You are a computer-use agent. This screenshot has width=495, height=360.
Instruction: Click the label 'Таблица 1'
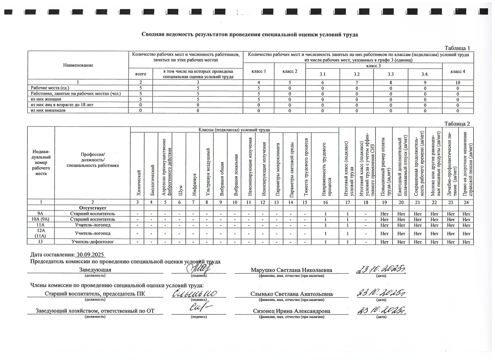click(457, 48)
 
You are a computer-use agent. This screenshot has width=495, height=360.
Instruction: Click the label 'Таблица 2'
click(457, 124)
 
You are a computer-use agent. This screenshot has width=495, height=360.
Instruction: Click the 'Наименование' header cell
click(78, 65)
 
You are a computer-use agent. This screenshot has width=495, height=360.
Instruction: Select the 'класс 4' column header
click(458, 71)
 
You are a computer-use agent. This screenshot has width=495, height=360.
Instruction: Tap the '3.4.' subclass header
click(425, 74)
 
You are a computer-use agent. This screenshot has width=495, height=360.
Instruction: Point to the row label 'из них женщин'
click(46, 99)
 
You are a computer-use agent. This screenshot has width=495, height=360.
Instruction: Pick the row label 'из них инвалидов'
click(48, 110)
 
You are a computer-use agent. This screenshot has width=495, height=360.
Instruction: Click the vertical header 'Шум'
click(180, 190)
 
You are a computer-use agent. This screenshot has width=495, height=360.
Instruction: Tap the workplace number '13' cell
click(41, 242)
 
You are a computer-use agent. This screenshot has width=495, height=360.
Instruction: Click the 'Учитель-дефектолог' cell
click(93, 242)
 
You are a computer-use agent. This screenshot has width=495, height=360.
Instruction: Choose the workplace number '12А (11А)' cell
click(41, 233)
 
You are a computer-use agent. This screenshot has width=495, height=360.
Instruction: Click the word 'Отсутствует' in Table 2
click(93, 208)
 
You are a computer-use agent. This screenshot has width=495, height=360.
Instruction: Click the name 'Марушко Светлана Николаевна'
click(291, 270)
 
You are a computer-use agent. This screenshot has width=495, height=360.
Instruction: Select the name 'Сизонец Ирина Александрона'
click(291, 311)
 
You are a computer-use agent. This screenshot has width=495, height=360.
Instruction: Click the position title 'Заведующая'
click(95, 270)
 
